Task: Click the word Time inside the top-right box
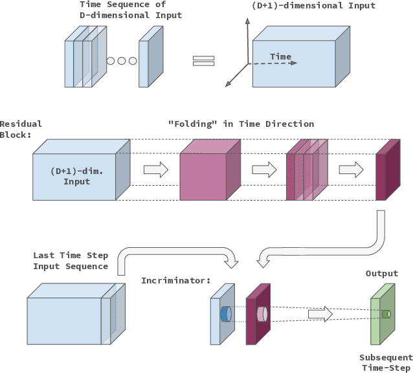click(x=280, y=57)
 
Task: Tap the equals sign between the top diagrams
click(x=203, y=61)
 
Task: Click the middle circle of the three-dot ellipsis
click(x=121, y=61)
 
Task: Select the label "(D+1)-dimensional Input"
click(x=313, y=6)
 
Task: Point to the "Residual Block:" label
click(x=21, y=129)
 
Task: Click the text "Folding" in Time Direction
click(x=241, y=124)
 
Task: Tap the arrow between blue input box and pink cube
click(x=155, y=170)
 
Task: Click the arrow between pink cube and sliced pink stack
click(x=263, y=170)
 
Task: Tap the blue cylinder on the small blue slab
click(x=225, y=314)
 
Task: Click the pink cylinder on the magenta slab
click(x=262, y=314)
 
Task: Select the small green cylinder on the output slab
click(x=386, y=314)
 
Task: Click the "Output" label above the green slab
click(x=382, y=274)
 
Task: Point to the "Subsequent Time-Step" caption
click(x=386, y=362)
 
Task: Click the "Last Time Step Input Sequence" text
click(x=70, y=261)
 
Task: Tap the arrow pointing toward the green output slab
click(x=320, y=314)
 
